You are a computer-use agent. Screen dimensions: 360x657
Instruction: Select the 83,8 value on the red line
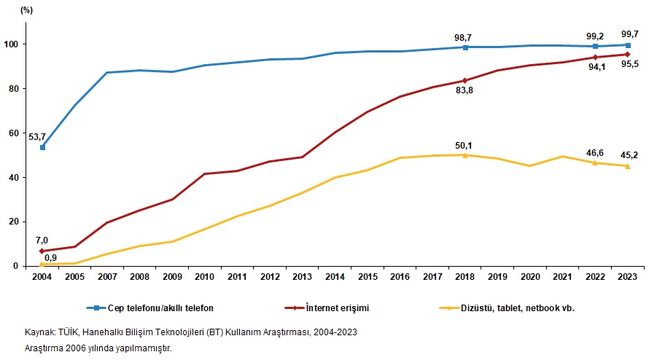(466, 90)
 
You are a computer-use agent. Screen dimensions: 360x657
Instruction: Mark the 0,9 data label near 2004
(52, 257)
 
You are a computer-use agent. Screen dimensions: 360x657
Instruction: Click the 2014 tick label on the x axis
(335, 278)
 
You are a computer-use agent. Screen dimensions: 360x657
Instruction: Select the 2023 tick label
(626, 278)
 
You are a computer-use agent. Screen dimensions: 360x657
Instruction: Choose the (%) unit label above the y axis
(26, 9)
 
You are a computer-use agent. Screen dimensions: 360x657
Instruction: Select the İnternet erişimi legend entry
(335, 308)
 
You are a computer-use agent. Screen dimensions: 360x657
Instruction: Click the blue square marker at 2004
(42, 147)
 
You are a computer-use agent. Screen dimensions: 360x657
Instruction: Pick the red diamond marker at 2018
(465, 80)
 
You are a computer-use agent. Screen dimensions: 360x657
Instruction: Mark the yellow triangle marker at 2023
(626, 166)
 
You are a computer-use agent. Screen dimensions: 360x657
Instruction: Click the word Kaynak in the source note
(39, 332)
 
